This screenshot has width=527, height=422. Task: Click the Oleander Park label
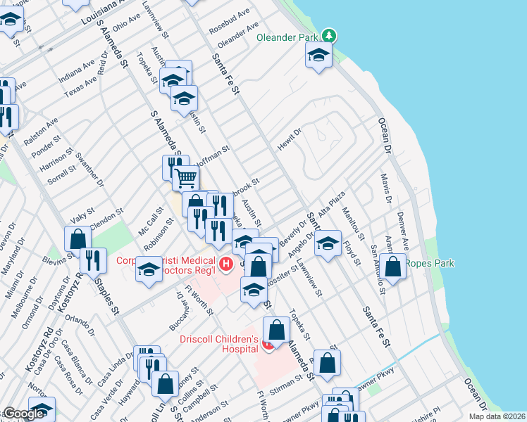[288, 37]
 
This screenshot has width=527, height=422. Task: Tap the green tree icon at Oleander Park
[328, 35]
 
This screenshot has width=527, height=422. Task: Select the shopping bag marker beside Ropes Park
[394, 267]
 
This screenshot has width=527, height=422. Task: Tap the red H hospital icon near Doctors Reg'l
[226, 264]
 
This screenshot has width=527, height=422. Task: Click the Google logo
[24, 414]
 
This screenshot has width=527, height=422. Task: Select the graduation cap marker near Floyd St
[328, 245]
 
